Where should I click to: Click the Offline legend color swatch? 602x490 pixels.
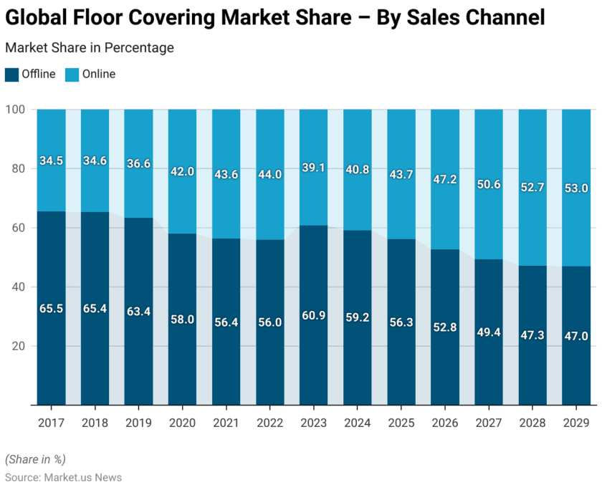pyautogui.click(x=12, y=74)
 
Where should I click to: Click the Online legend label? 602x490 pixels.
pyautogui.click(x=98, y=74)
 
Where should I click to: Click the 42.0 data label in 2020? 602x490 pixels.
pyautogui.click(x=182, y=171)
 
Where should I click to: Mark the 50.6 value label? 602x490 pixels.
pyautogui.click(x=489, y=184)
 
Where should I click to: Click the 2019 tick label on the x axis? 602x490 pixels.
pyautogui.click(x=138, y=423)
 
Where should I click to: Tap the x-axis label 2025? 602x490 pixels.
pyautogui.click(x=401, y=423)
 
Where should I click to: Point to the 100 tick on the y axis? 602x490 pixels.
pyautogui.click(x=16, y=110)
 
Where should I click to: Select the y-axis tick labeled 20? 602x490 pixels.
pyautogui.click(x=19, y=346)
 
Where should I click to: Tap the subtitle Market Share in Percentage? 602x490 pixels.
pyautogui.click(x=90, y=48)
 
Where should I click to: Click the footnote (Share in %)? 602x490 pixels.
pyautogui.click(x=34, y=459)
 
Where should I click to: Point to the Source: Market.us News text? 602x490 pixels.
pyautogui.click(x=63, y=477)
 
